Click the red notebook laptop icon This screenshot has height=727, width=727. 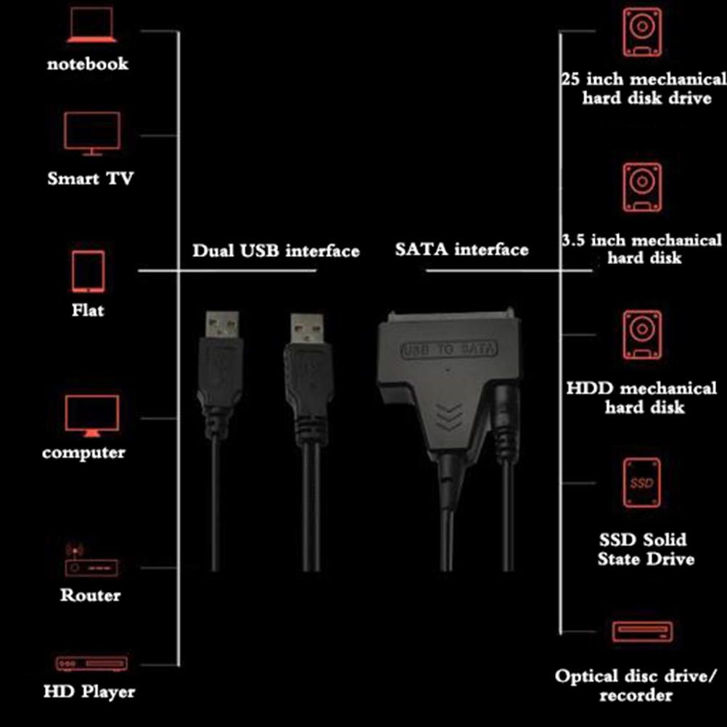(x=91, y=26)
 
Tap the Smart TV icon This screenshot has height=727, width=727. (x=91, y=133)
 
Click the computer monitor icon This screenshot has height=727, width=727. (x=91, y=416)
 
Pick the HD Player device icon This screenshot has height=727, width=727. (x=91, y=663)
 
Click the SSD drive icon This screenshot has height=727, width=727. (x=642, y=482)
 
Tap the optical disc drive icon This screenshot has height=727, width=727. (x=642, y=631)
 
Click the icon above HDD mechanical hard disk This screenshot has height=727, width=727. (x=642, y=334)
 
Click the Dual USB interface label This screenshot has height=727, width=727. (x=276, y=251)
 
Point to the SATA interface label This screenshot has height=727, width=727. (x=461, y=250)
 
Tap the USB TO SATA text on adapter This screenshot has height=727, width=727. (x=450, y=350)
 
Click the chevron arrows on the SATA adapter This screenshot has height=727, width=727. (x=450, y=415)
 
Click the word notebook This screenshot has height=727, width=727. (x=88, y=64)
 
